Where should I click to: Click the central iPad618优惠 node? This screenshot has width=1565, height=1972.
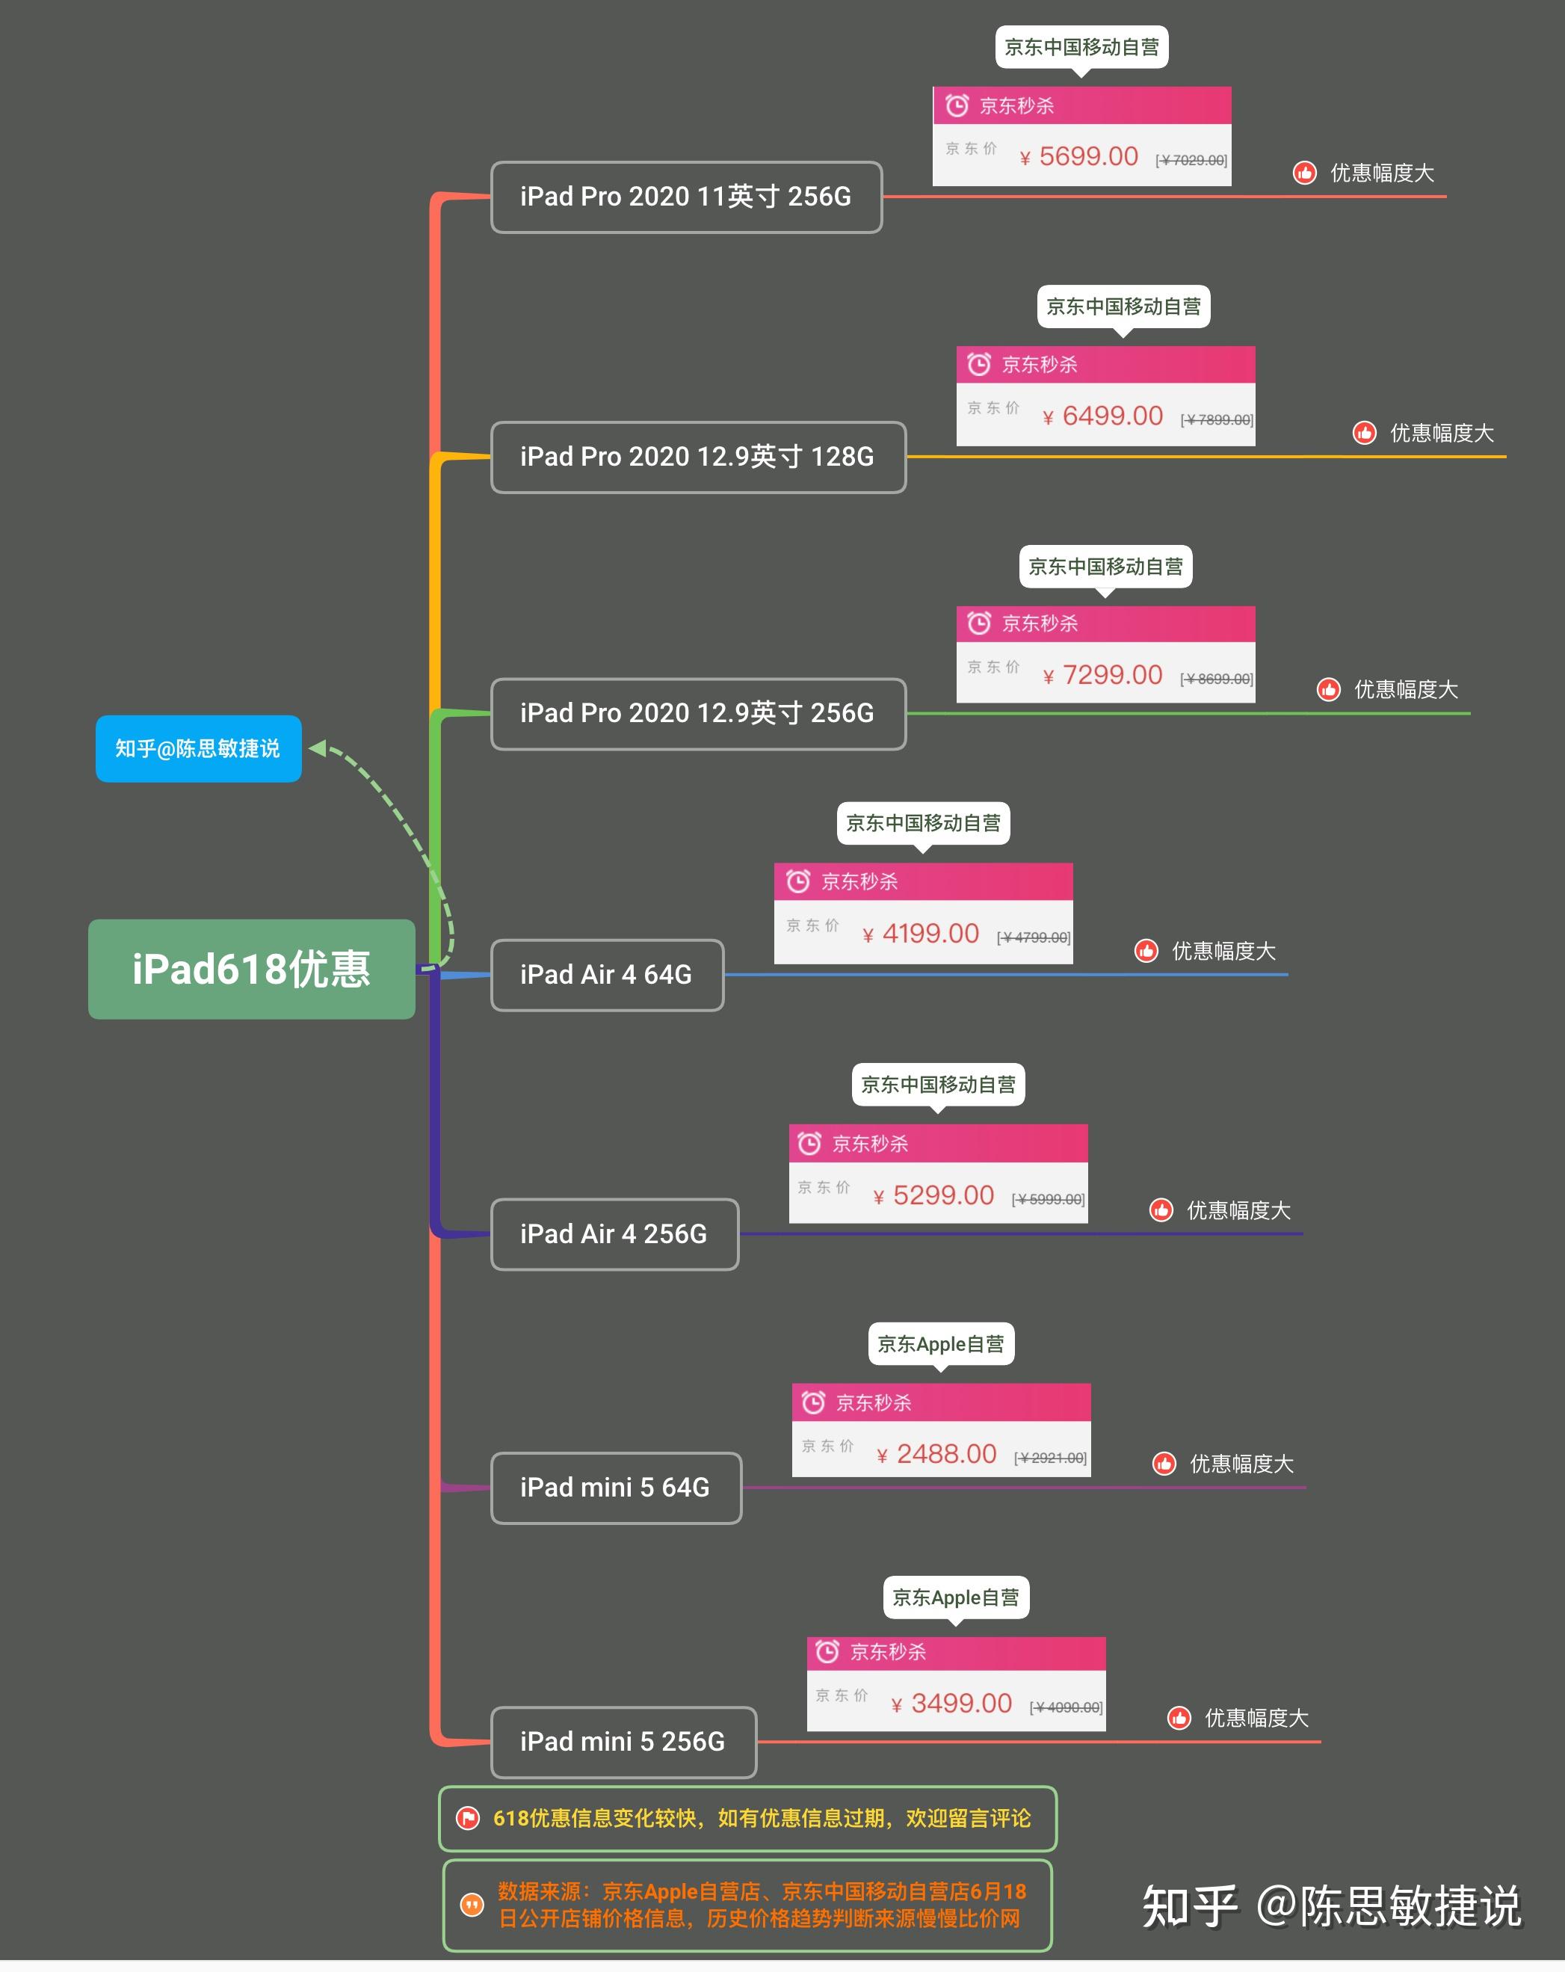point(252,969)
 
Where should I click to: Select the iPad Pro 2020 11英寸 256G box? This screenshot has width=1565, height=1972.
point(686,197)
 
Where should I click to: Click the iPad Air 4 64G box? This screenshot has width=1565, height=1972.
point(606,974)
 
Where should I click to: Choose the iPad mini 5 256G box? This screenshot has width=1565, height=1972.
point(623,1740)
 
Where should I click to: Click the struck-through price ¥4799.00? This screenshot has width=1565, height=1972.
point(1034,937)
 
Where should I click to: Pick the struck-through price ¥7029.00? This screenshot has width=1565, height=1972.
point(1191,160)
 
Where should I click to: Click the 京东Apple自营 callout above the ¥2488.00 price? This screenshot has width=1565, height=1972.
point(940,1343)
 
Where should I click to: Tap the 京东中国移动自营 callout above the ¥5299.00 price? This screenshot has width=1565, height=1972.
point(937,1085)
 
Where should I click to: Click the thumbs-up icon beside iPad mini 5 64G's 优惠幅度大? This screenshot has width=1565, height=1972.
point(1164,1464)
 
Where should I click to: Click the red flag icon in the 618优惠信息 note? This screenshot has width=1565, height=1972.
point(467,1817)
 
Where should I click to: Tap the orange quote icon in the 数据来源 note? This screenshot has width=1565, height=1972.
point(471,1904)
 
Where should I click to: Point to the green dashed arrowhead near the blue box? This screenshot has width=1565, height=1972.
point(318,748)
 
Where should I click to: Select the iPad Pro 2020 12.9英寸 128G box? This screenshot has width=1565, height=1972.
point(698,457)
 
